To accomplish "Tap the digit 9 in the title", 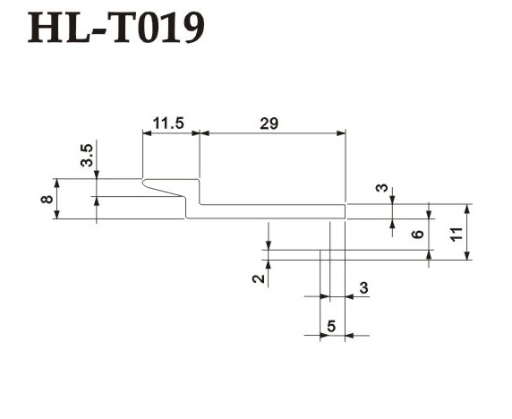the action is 192,28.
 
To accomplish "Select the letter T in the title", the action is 124,28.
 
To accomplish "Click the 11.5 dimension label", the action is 168,124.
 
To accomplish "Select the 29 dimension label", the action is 269,124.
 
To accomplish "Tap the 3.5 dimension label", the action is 87,156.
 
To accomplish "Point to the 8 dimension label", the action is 47,199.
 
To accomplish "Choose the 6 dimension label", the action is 418,234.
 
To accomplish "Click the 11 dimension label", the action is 457,234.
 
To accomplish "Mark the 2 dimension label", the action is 259,278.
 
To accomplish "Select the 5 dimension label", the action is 331,326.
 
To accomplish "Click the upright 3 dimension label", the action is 363,287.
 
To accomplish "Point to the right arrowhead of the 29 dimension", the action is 341,133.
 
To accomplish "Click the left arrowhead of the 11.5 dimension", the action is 148,133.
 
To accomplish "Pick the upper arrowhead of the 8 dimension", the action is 56,183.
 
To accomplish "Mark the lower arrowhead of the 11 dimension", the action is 467,255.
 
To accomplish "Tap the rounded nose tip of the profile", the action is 142,183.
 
